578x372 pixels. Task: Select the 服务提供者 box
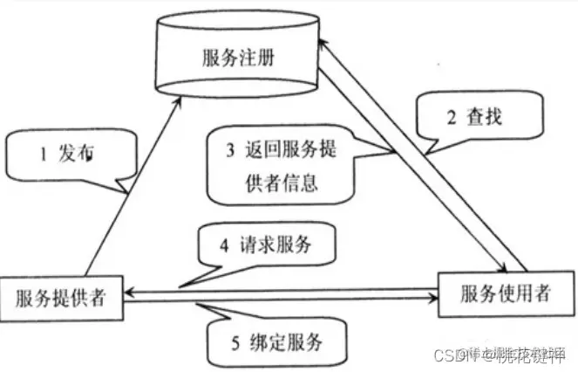pos(60,298)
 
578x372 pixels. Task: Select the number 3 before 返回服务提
pos(230,149)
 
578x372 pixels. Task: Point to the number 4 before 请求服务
pos(224,247)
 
